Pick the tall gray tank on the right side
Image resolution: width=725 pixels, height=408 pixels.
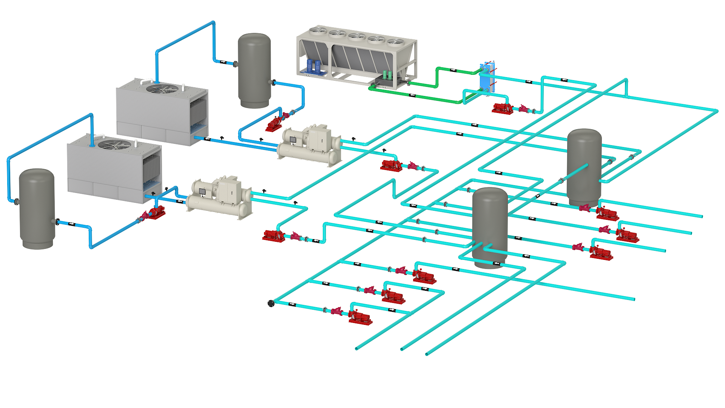tap(584, 166)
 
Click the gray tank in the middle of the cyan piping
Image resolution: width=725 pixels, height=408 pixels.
tap(490, 227)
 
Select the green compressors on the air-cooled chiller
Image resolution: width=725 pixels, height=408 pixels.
tap(387, 74)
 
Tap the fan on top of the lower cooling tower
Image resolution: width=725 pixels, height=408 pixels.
tap(114, 144)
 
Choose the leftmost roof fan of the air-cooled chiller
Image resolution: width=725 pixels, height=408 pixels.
tap(318, 31)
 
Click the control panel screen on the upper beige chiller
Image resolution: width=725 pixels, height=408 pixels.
tap(293, 140)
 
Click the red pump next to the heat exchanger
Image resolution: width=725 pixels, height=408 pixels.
tap(503, 108)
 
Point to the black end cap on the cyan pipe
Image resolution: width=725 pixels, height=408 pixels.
tap(271, 303)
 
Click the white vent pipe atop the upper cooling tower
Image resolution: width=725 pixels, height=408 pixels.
tap(146, 81)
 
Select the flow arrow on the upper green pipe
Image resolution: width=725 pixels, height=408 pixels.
tap(453, 70)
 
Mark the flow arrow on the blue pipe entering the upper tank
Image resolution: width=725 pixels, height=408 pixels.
tap(223, 62)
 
